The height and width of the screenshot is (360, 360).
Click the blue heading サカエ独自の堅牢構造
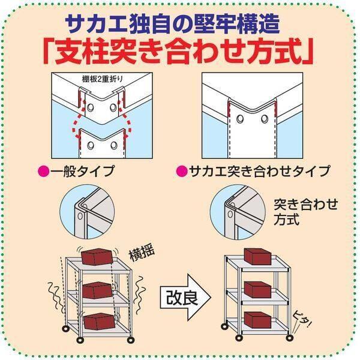[180, 25]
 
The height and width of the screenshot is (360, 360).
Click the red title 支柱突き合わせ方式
[180, 53]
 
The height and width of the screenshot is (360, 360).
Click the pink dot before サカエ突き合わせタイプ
[179, 172]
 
